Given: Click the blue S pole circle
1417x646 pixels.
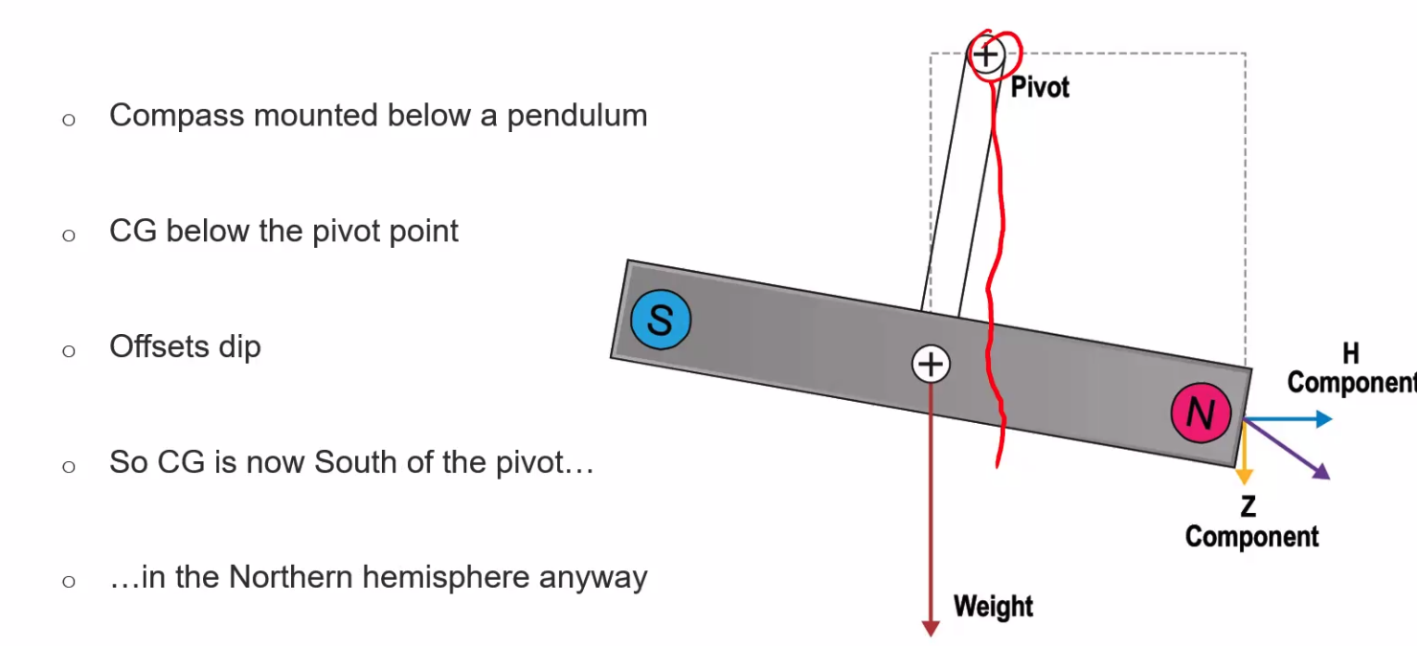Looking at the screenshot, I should tap(660, 320).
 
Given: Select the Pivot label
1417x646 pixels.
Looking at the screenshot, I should tap(1040, 88).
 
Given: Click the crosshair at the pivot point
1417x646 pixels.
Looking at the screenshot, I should tap(985, 55).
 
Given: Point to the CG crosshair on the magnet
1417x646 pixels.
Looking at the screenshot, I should tap(930, 364).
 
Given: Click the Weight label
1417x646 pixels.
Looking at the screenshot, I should tap(993, 607).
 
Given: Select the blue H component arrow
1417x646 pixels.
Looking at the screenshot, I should tap(1289, 419).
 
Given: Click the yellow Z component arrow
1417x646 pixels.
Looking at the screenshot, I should tap(1245, 457).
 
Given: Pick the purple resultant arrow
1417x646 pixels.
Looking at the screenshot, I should tap(1289, 450).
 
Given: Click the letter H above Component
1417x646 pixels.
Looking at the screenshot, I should tap(1351, 354).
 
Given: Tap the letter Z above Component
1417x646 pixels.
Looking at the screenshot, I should tap(1248, 506).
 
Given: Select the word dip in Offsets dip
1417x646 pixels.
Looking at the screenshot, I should tap(239, 346).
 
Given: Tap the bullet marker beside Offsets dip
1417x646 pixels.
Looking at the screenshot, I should tap(68, 350).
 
